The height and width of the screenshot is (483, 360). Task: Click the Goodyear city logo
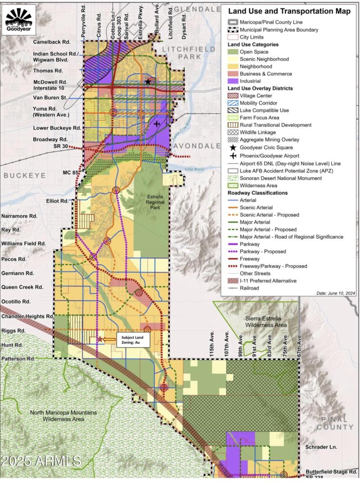pos(19,21)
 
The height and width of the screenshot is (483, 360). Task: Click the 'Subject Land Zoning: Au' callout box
pos(133,339)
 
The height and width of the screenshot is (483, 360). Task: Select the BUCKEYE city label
pos(22,176)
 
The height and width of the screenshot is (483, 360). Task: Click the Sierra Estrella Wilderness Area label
pos(265,321)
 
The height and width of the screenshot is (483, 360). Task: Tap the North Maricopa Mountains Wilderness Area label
pos(63,415)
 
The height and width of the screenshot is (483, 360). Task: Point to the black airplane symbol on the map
pos(157,124)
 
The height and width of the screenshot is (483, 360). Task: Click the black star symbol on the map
pos(148,81)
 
